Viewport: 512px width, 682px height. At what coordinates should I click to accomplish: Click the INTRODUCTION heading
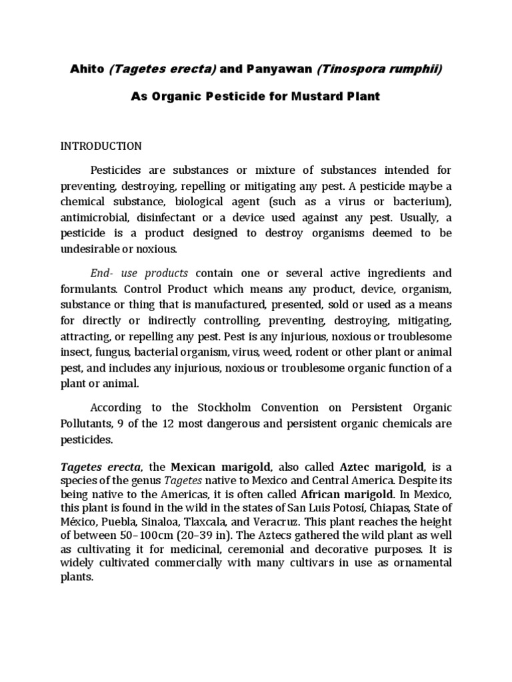(101, 146)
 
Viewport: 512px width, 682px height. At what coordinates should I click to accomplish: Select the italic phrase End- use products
(139, 273)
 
